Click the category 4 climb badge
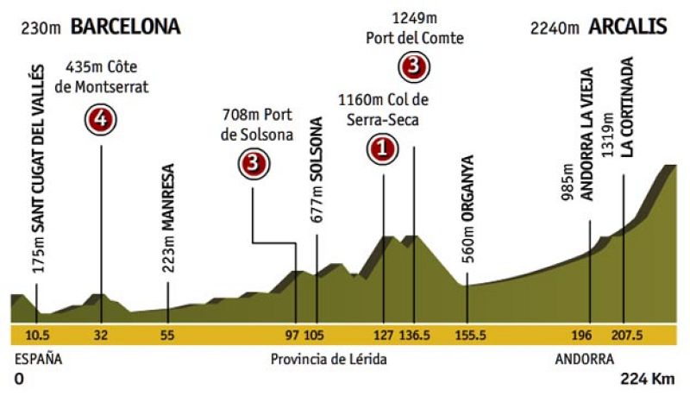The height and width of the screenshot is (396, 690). click(101, 121)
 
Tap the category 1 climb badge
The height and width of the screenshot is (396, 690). click(383, 150)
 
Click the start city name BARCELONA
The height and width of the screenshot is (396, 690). click(125, 27)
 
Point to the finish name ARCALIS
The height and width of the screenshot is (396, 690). click(628, 27)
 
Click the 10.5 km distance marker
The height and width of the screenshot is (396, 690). click(38, 335)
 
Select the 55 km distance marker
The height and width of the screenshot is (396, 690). click(167, 335)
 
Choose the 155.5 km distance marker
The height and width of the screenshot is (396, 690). click(467, 335)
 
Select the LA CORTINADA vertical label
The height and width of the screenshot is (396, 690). click(629, 107)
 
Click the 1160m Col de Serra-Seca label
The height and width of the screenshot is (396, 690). click(384, 110)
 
